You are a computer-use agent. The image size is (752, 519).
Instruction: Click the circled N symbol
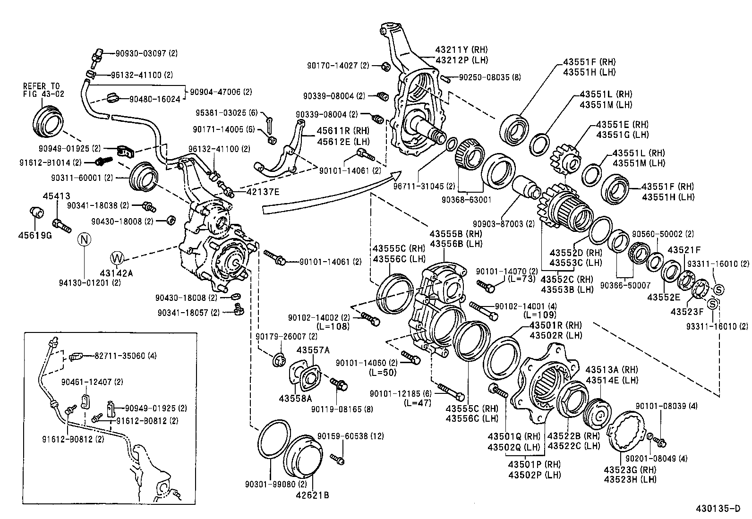pos(84,239)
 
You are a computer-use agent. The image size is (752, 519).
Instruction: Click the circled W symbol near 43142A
pos(117,258)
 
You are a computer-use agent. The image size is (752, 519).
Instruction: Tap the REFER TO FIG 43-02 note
pos(42,90)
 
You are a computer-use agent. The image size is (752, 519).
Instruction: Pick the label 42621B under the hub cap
pos(312,495)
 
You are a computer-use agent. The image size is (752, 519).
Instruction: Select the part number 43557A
pos(313,349)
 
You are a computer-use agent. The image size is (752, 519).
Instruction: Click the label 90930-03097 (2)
pos(146,54)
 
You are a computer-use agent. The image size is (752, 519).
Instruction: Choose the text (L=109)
pos(539,315)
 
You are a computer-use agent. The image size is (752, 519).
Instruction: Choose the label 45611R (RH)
pos(336,131)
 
